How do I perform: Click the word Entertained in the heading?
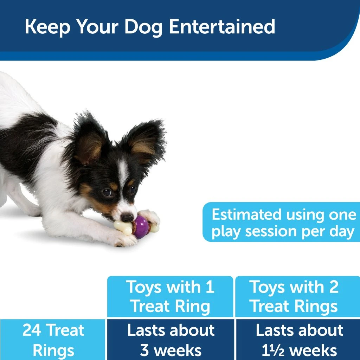click(222, 26)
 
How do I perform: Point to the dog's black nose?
click(127, 217)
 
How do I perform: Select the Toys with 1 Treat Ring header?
click(170, 297)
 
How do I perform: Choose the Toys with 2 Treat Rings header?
click(294, 297)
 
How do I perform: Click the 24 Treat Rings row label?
click(53, 340)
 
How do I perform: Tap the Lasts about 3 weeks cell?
click(171, 340)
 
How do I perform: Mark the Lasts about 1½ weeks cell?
click(299, 340)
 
